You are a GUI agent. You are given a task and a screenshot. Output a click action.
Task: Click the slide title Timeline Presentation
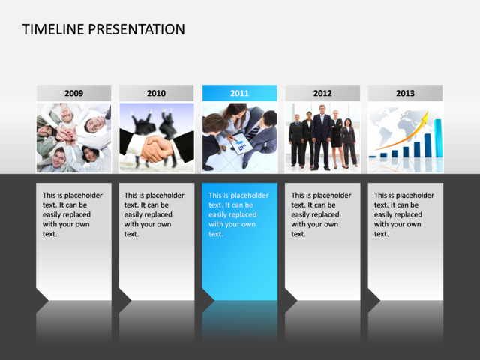tap(103, 30)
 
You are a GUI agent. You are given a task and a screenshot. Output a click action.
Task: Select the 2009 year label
tap(73, 93)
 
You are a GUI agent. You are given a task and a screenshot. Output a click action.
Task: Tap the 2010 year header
tap(156, 93)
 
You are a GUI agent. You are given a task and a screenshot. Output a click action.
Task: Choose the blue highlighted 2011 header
tap(239, 93)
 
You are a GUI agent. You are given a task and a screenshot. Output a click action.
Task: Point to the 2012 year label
tap(322, 93)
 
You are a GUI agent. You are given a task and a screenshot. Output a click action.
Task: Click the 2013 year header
tap(405, 93)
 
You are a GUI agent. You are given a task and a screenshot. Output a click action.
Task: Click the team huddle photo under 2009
tap(73, 138)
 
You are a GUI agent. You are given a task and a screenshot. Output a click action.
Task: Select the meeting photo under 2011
tap(239, 138)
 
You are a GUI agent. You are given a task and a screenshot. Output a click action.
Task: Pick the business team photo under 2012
tap(322, 138)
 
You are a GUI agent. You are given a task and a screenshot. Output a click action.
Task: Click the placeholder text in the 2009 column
tap(73, 214)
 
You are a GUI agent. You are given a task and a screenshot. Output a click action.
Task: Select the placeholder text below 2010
tap(155, 214)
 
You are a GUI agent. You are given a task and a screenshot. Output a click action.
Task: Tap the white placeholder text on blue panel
tap(238, 214)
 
